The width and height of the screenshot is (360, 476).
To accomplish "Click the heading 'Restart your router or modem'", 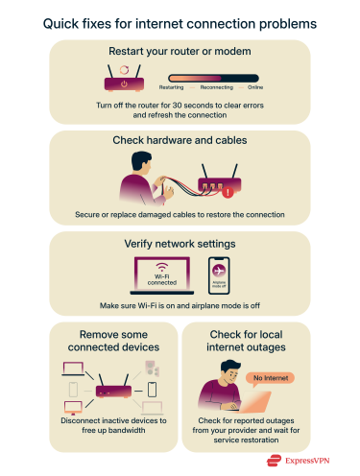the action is pos(180,51).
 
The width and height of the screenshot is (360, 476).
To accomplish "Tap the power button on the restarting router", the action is pos(123,71).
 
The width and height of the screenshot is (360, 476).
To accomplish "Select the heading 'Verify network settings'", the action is pos(180,244).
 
